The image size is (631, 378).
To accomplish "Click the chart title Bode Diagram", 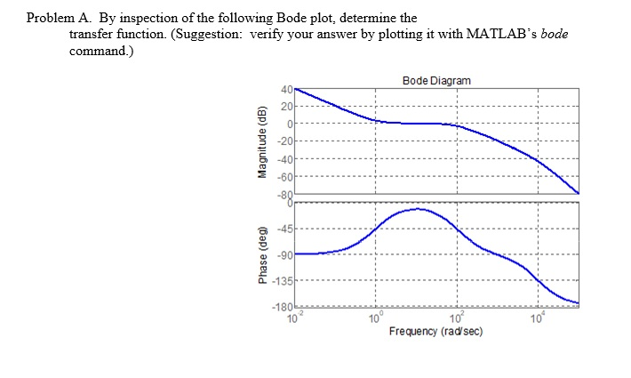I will point(435,81).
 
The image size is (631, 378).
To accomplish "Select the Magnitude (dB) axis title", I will point(262,142).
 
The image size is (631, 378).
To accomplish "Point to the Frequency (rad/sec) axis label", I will point(435,331).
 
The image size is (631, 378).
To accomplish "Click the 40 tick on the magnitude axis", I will point(286,90).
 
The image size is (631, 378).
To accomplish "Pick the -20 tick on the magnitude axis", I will point(284,141).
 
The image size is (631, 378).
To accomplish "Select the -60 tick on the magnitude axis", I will point(284,175).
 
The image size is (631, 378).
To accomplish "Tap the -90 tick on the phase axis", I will point(284,255).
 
